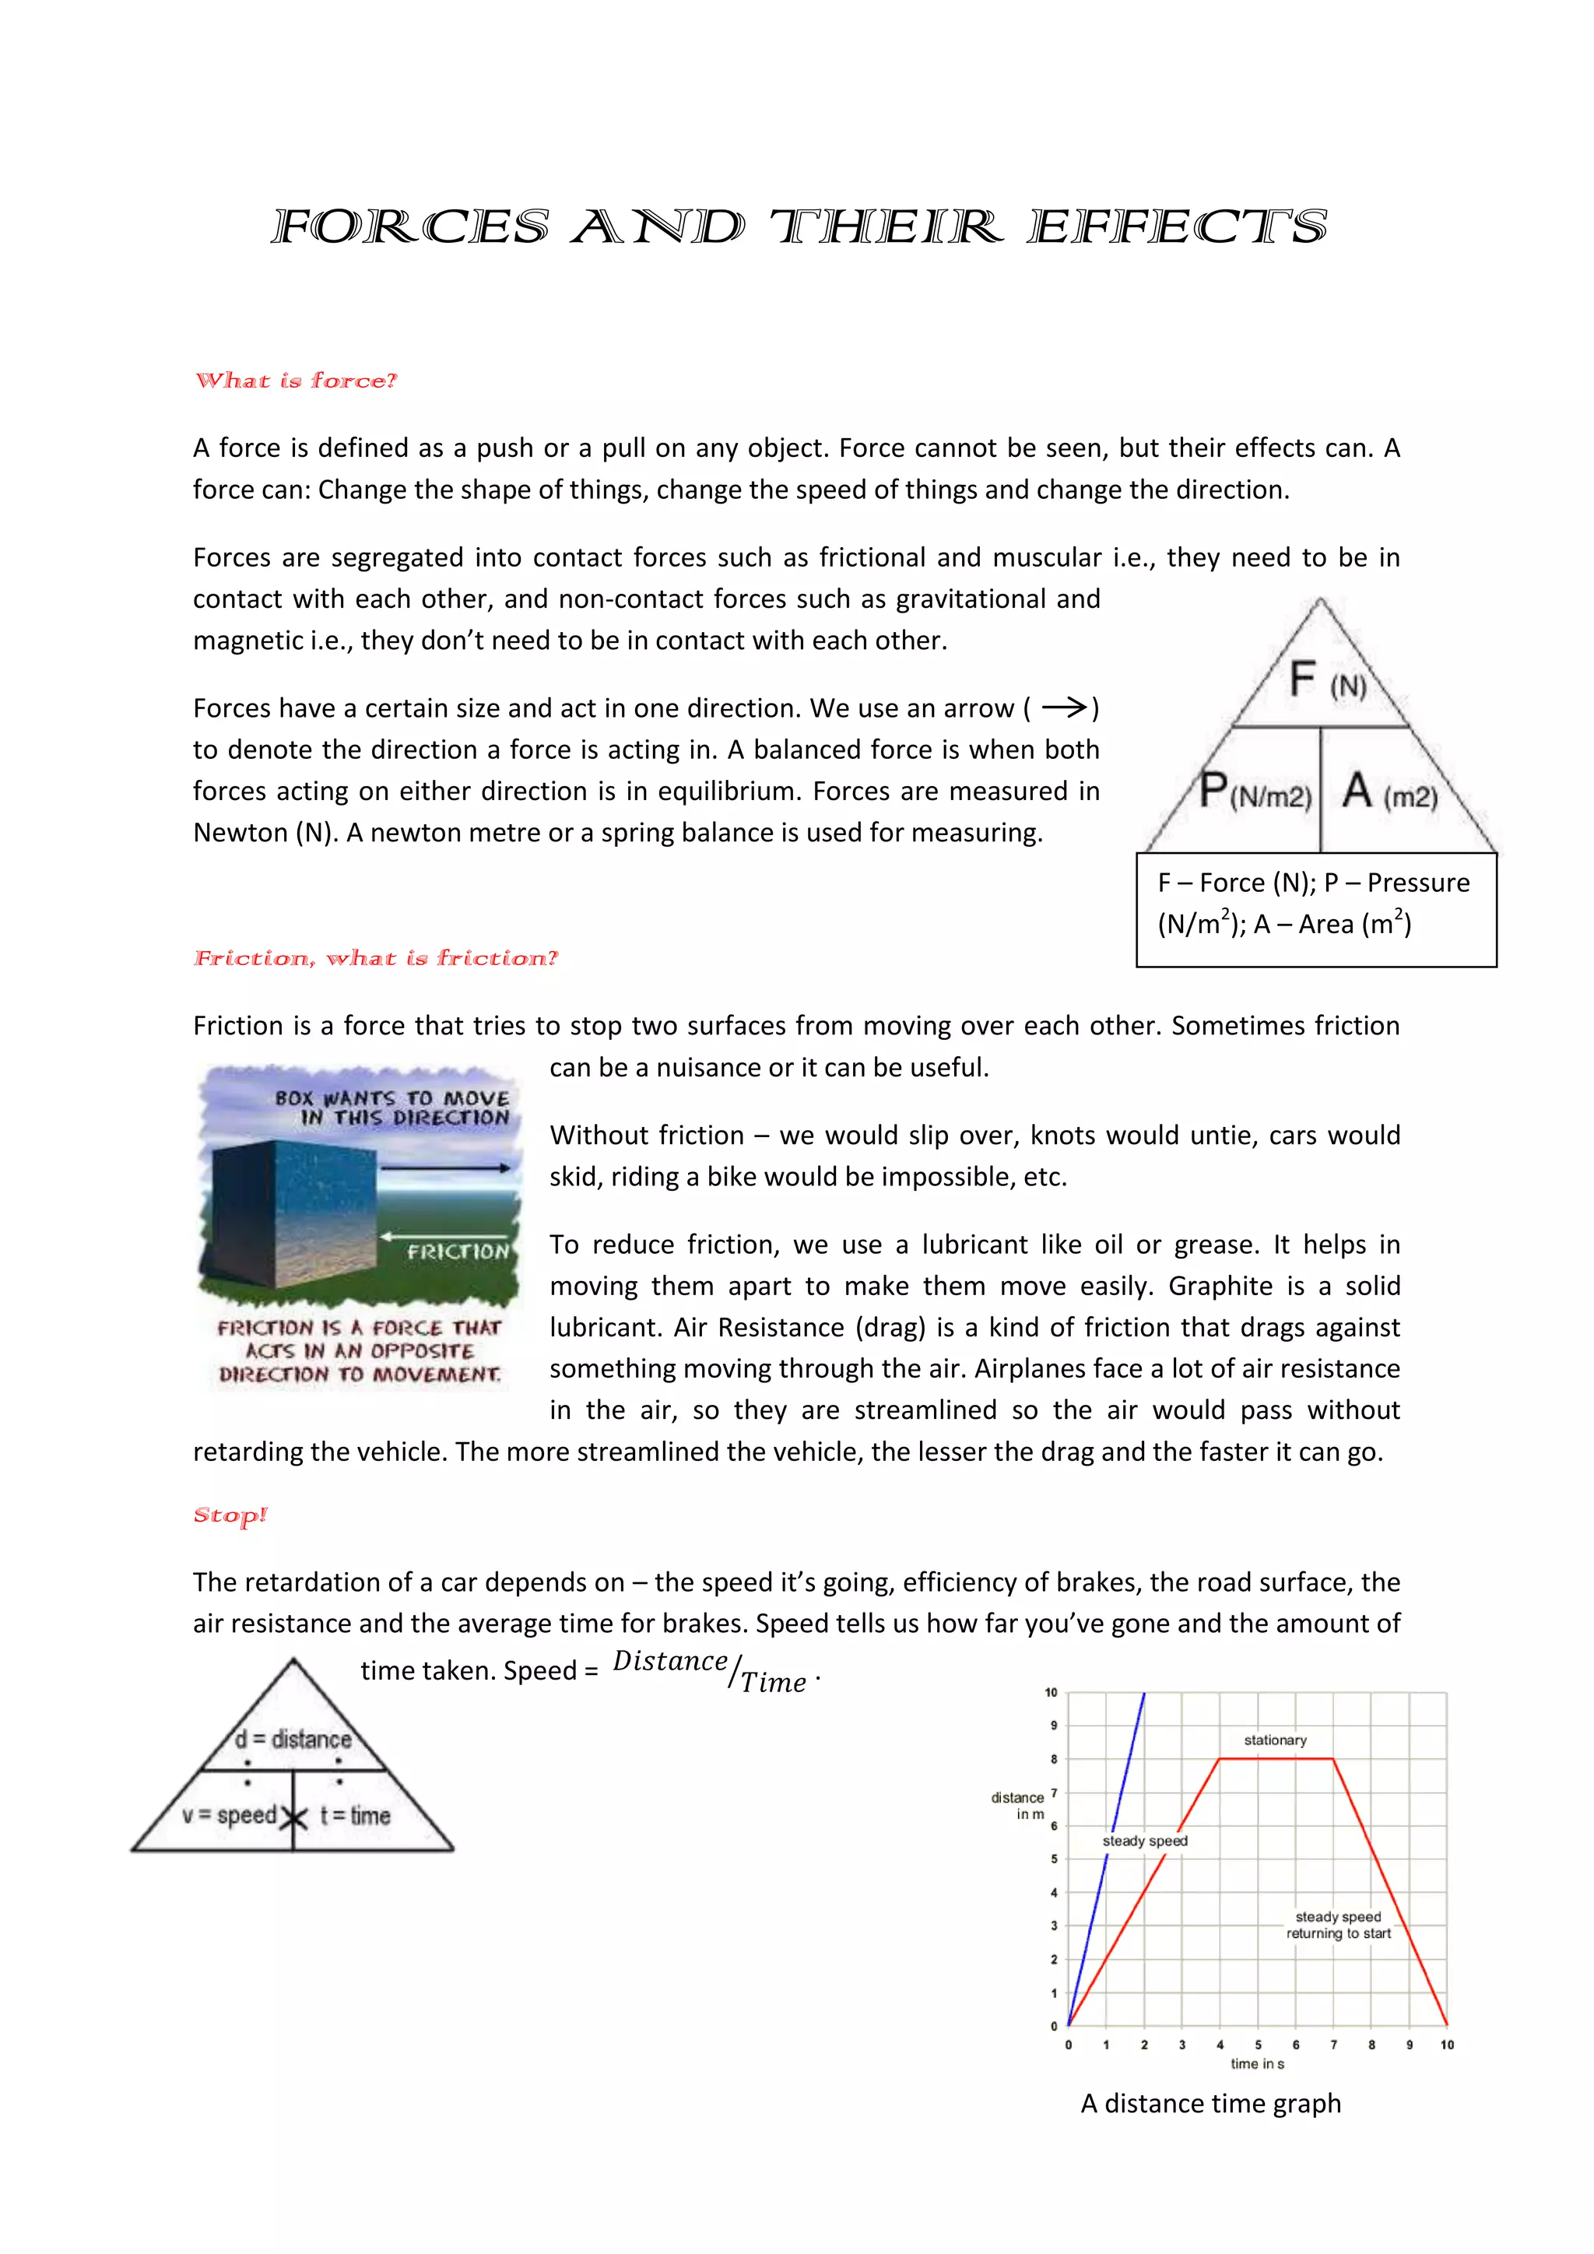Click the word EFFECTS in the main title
1177,228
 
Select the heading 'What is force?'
296,381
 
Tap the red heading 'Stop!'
230,1515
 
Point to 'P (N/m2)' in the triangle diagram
1255,792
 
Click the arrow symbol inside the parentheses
1064,707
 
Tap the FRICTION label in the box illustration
458,1252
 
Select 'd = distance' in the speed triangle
293,1740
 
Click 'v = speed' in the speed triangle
229,1815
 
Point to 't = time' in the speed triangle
356,1816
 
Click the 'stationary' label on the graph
1275,1740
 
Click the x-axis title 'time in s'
1257,2063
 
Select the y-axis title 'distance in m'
1018,1806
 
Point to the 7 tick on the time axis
1333,2045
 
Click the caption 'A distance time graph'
1210,2104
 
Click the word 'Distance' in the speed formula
669,1661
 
